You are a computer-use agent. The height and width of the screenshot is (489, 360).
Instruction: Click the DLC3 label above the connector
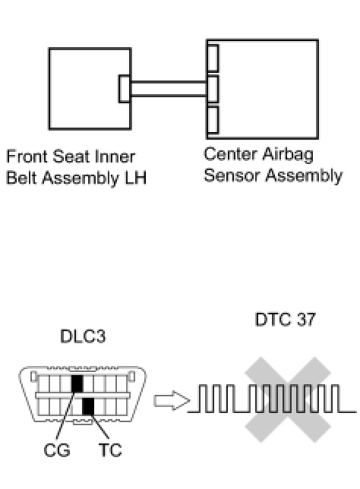(83, 336)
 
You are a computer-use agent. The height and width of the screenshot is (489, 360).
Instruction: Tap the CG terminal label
(57, 450)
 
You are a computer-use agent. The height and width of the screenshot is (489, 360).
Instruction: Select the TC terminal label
(110, 450)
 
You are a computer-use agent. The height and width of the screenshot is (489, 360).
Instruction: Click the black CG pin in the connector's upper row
(77, 383)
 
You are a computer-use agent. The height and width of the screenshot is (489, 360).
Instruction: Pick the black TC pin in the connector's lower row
(88, 406)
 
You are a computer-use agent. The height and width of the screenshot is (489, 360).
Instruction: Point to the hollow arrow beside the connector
(172, 400)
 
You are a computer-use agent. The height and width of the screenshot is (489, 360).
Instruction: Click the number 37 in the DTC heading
(306, 320)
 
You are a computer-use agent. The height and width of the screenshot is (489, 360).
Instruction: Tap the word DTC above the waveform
(273, 320)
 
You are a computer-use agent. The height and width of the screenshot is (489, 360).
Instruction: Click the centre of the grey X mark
(287, 399)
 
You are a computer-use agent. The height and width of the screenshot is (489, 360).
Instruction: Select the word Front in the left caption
(27, 156)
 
